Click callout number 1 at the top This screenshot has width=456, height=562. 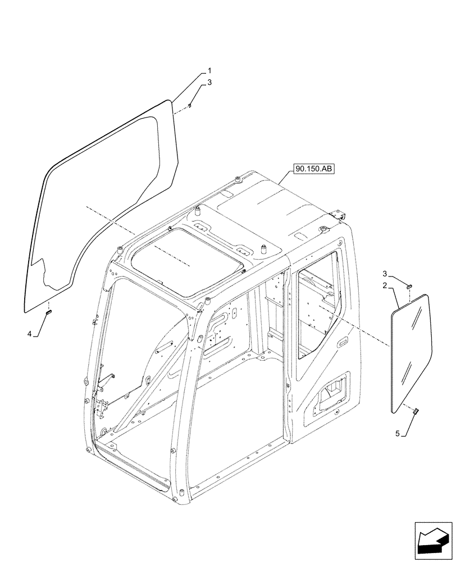pyautogui.click(x=209, y=71)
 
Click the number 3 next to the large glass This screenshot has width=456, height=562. pyautogui.click(x=209, y=83)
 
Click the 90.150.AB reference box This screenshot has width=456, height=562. pyautogui.click(x=312, y=167)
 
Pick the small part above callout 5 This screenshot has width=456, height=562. pyautogui.click(x=417, y=412)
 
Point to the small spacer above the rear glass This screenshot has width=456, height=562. pyautogui.click(x=409, y=286)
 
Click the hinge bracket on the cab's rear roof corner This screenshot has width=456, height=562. pyautogui.click(x=338, y=215)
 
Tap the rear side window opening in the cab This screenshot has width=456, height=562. pyautogui.click(x=316, y=312)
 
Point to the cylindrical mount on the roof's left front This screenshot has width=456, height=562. pyautogui.click(x=198, y=212)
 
